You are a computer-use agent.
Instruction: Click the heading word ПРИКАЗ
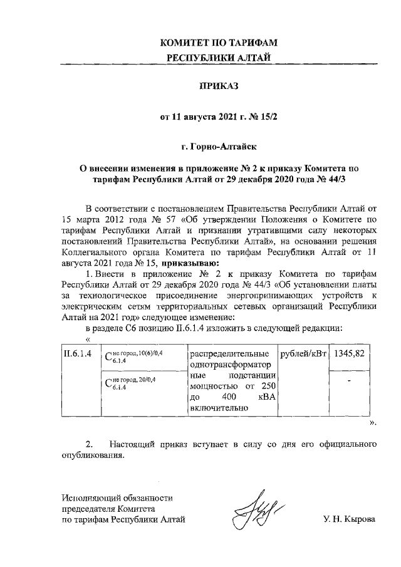pyautogui.click(x=219, y=86)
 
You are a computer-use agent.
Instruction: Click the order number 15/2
pyautogui.click(x=267, y=117)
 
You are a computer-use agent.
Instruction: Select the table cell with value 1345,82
pyautogui.click(x=350, y=354)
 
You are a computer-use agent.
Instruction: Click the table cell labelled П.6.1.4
pyautogui.click(x=75, y=354)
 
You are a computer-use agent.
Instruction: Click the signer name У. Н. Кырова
pyautogui.click(x=349, y=519)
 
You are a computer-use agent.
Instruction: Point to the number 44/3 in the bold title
pyautogui.click(x=352, y=179)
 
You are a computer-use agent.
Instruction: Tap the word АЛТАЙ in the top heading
pyautogui.click(x=254, y=58)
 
